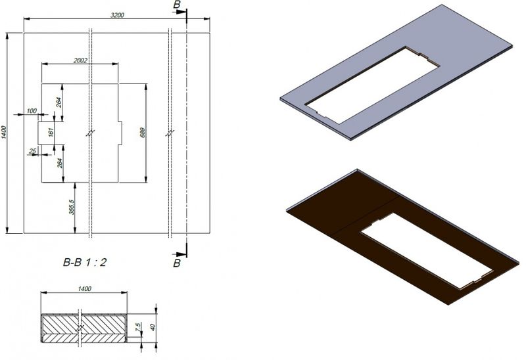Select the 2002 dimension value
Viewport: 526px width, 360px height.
tap(81, 60)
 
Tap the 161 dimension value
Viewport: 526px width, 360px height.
tap(51, 132)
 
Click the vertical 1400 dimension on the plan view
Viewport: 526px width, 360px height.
tap(5, 132)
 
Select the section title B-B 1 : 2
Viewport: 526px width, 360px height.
tap(85, 261)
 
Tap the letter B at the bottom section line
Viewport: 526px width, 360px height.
tap(176, 263)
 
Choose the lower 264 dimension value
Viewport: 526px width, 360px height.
tap(60, 164)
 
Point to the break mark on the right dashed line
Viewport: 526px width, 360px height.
tap(170, 133)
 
